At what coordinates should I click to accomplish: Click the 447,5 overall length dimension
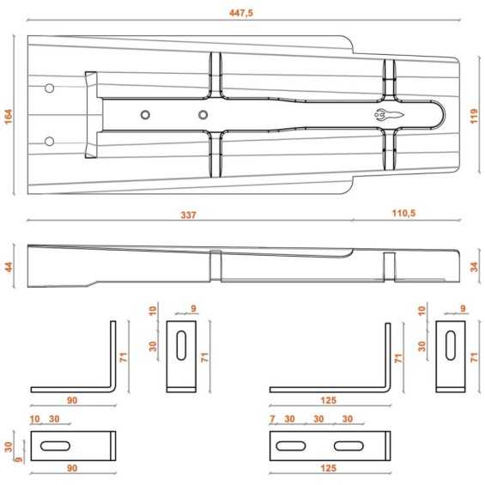coord(241,13)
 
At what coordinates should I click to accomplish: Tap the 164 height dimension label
coord(9,117)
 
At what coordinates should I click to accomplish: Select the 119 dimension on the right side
coord(474,116)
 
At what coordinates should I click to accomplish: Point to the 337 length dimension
coord(188,215)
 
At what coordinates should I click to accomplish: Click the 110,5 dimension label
coord(403,213)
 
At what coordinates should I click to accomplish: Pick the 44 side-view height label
coord(9,267)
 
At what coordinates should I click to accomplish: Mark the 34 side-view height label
coord(474,267)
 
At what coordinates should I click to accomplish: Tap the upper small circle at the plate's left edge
coord(50,88)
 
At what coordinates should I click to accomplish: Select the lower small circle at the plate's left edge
coord(50,142)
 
